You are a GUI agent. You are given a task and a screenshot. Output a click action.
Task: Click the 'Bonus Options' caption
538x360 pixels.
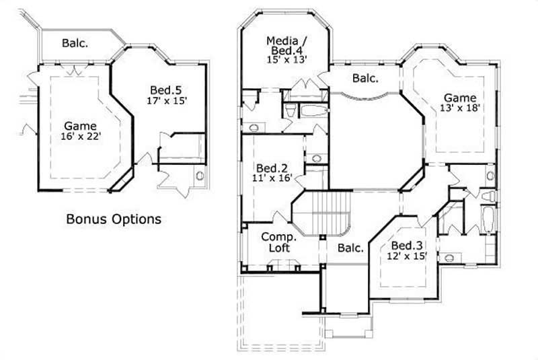click(113, 219)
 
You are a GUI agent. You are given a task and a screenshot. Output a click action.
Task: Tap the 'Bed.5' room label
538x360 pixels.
click(163, 89)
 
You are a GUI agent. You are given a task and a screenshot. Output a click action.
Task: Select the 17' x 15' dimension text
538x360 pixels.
click(166, 101)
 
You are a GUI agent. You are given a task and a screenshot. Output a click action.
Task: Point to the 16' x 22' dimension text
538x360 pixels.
click(80, 137)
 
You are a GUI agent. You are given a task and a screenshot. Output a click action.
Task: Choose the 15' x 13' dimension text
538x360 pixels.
click(286, 59)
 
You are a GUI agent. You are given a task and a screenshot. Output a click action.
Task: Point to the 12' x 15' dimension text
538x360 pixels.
click(407, 256)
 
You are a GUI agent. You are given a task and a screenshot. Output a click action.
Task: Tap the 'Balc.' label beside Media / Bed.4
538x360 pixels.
click(365, 78)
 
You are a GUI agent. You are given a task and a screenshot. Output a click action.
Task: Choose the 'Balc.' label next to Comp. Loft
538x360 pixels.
click(350, 248)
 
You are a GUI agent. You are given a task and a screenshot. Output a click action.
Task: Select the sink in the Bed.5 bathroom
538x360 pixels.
click(199, 176)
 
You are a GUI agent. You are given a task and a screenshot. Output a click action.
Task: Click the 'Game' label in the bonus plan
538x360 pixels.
click(80, 125)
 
